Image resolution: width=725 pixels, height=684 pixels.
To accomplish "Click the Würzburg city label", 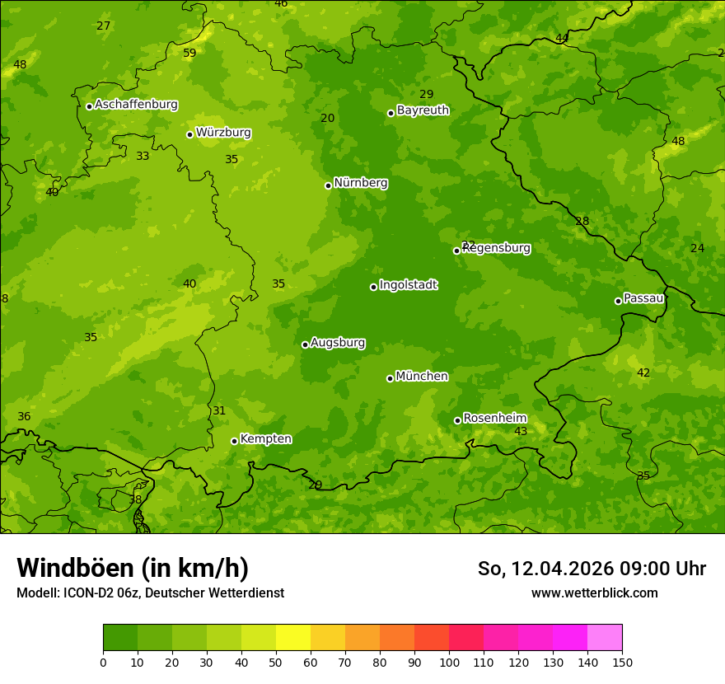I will point(223,133).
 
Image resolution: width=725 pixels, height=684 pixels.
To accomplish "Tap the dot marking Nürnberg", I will point(328,185).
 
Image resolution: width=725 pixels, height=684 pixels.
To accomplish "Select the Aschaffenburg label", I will point(136,105).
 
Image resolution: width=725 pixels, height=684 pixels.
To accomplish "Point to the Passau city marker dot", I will point(618,301).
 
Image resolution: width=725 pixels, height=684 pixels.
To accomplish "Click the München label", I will point(422,377).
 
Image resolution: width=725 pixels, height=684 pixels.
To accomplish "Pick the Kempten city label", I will point(265,439).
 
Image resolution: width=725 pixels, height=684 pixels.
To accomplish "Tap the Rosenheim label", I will point(494,419).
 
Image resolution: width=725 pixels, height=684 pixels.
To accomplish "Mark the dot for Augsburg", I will point(305,344).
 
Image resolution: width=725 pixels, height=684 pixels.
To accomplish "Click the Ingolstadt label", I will point(408,285).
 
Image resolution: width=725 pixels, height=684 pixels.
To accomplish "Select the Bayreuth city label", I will point(423,110).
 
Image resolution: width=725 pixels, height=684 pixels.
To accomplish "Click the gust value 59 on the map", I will point(189,54).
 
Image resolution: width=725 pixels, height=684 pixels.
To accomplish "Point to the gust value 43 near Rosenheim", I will point(521,432).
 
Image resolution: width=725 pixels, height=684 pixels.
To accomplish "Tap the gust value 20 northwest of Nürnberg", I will point(327,119).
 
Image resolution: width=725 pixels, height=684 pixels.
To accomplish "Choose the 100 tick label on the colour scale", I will point(449,662).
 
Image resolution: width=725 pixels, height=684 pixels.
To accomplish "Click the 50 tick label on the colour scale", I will point(276,662).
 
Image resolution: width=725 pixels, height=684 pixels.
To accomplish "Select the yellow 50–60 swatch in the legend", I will point(293,638).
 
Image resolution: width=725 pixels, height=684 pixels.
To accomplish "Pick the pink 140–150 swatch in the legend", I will point(605,638).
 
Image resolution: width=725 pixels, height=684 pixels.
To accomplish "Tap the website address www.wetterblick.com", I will point(594,593).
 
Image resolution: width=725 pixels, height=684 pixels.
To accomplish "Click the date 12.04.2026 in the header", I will point(562,569).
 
